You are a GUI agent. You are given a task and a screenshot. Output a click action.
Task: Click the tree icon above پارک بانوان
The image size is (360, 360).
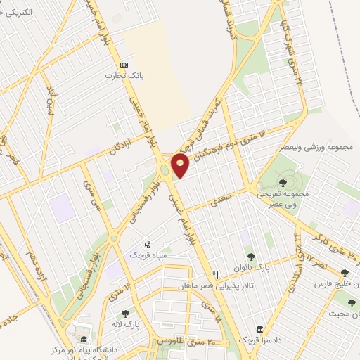[x=251, y=257]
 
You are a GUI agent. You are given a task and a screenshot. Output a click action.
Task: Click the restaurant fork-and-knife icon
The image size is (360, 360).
[x=216, y=275]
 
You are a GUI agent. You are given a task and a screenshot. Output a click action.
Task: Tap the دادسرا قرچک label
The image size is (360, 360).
[x=260, y=340]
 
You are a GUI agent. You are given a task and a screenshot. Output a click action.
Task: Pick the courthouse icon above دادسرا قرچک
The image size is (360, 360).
[x=260, y=329]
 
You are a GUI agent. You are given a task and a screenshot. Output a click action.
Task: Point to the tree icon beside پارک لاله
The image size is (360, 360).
[x=125, y=314]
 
